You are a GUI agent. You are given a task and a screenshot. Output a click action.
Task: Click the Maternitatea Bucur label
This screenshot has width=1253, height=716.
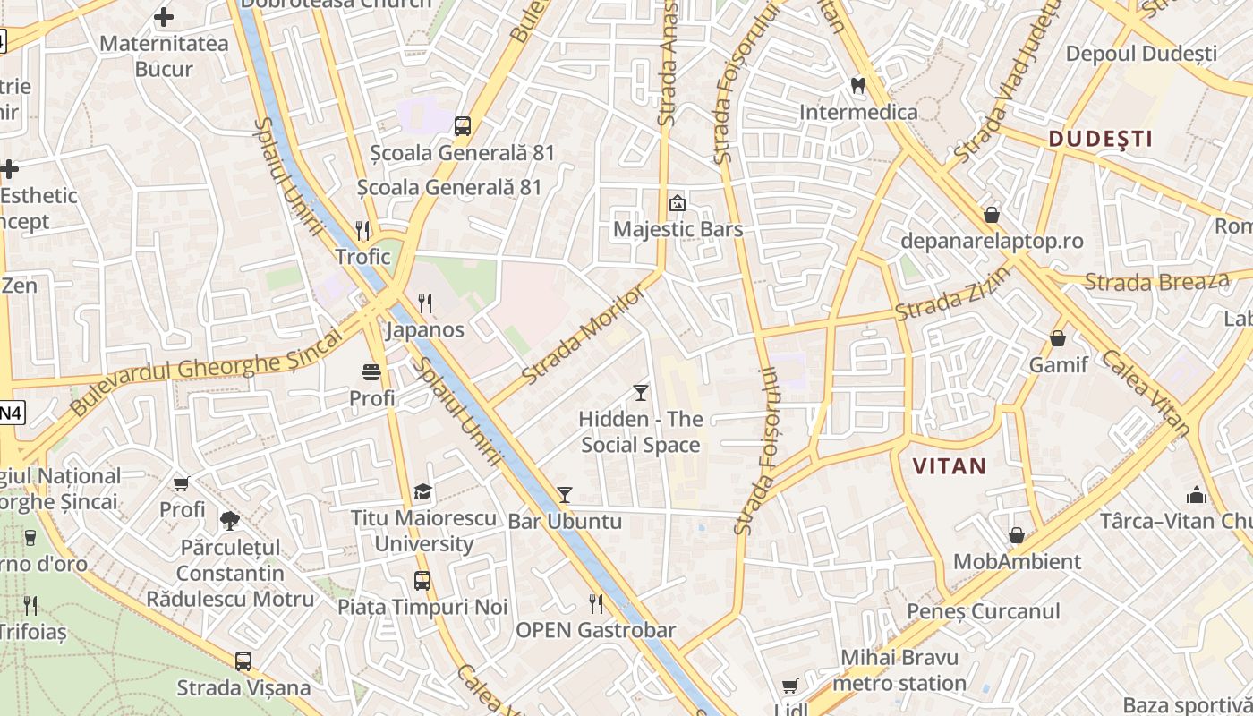point(164,55)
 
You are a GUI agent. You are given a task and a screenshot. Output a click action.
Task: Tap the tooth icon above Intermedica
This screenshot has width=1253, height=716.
point(857,86)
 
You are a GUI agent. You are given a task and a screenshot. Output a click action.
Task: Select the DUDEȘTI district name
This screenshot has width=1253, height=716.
point(1100,139)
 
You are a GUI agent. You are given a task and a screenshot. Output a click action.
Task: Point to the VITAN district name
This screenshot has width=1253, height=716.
point(949,465)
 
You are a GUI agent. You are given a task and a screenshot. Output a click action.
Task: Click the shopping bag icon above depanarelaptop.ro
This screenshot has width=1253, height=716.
point(992,215)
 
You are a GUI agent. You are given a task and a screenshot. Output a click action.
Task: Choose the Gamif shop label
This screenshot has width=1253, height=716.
point(1058,364)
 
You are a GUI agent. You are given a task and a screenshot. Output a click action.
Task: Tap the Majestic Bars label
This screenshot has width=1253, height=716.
point(678,229)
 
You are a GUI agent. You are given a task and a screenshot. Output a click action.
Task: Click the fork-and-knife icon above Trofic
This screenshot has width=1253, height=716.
point(362,230)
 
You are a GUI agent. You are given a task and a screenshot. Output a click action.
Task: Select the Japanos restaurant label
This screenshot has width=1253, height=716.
point(425,329)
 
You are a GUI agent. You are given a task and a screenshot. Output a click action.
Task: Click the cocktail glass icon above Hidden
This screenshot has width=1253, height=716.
point(640,392)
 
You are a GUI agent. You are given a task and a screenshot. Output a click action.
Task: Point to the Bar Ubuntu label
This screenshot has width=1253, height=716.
point(565,521)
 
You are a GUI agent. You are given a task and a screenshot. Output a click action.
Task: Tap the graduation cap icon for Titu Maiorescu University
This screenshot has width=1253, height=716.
point(422,491)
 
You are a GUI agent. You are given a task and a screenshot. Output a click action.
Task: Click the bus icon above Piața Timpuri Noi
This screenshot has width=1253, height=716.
point(422,581)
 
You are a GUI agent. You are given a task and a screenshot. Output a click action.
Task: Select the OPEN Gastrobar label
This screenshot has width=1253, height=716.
point(595,629)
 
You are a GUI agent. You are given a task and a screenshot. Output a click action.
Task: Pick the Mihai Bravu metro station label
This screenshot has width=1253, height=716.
point(899,670)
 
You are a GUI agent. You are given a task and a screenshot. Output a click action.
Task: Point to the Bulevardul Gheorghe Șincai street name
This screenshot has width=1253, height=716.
point(205,370)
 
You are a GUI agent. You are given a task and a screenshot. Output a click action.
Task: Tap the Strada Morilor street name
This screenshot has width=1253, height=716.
point(583,336)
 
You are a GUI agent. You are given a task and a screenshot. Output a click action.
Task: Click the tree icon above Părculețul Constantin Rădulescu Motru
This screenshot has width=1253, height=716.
point(230,520)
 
